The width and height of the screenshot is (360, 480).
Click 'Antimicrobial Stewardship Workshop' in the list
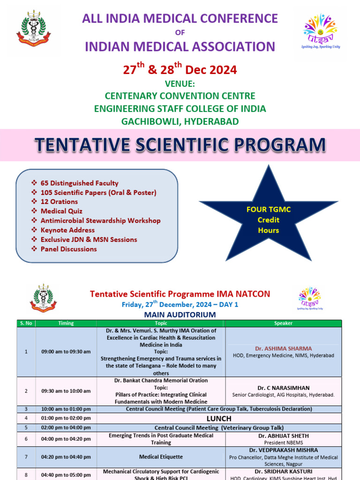(x=100, y=220)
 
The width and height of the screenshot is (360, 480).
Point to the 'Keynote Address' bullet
(x=67, y=230)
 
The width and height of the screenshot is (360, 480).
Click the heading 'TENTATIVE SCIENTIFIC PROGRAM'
(x=180, y=145)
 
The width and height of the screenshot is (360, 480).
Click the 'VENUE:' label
(x=180, y=84)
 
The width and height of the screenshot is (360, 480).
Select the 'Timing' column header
(x=66, y=323)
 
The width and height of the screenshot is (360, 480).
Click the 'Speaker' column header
(x=283, y=323)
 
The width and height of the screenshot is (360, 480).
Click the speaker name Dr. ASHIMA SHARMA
(x=283, y=348)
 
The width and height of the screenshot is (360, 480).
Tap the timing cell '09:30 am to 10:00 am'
(x=66, y=391)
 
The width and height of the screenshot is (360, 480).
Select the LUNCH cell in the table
(x=219, y=418)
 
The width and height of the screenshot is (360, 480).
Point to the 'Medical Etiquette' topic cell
(x=161, y=456)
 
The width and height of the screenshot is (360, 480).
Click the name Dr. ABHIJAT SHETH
(x=283, y=435)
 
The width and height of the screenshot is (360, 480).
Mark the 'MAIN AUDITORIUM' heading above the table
(x=180, y=315)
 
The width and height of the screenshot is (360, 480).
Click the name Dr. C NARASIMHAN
(x=283, y=388)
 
